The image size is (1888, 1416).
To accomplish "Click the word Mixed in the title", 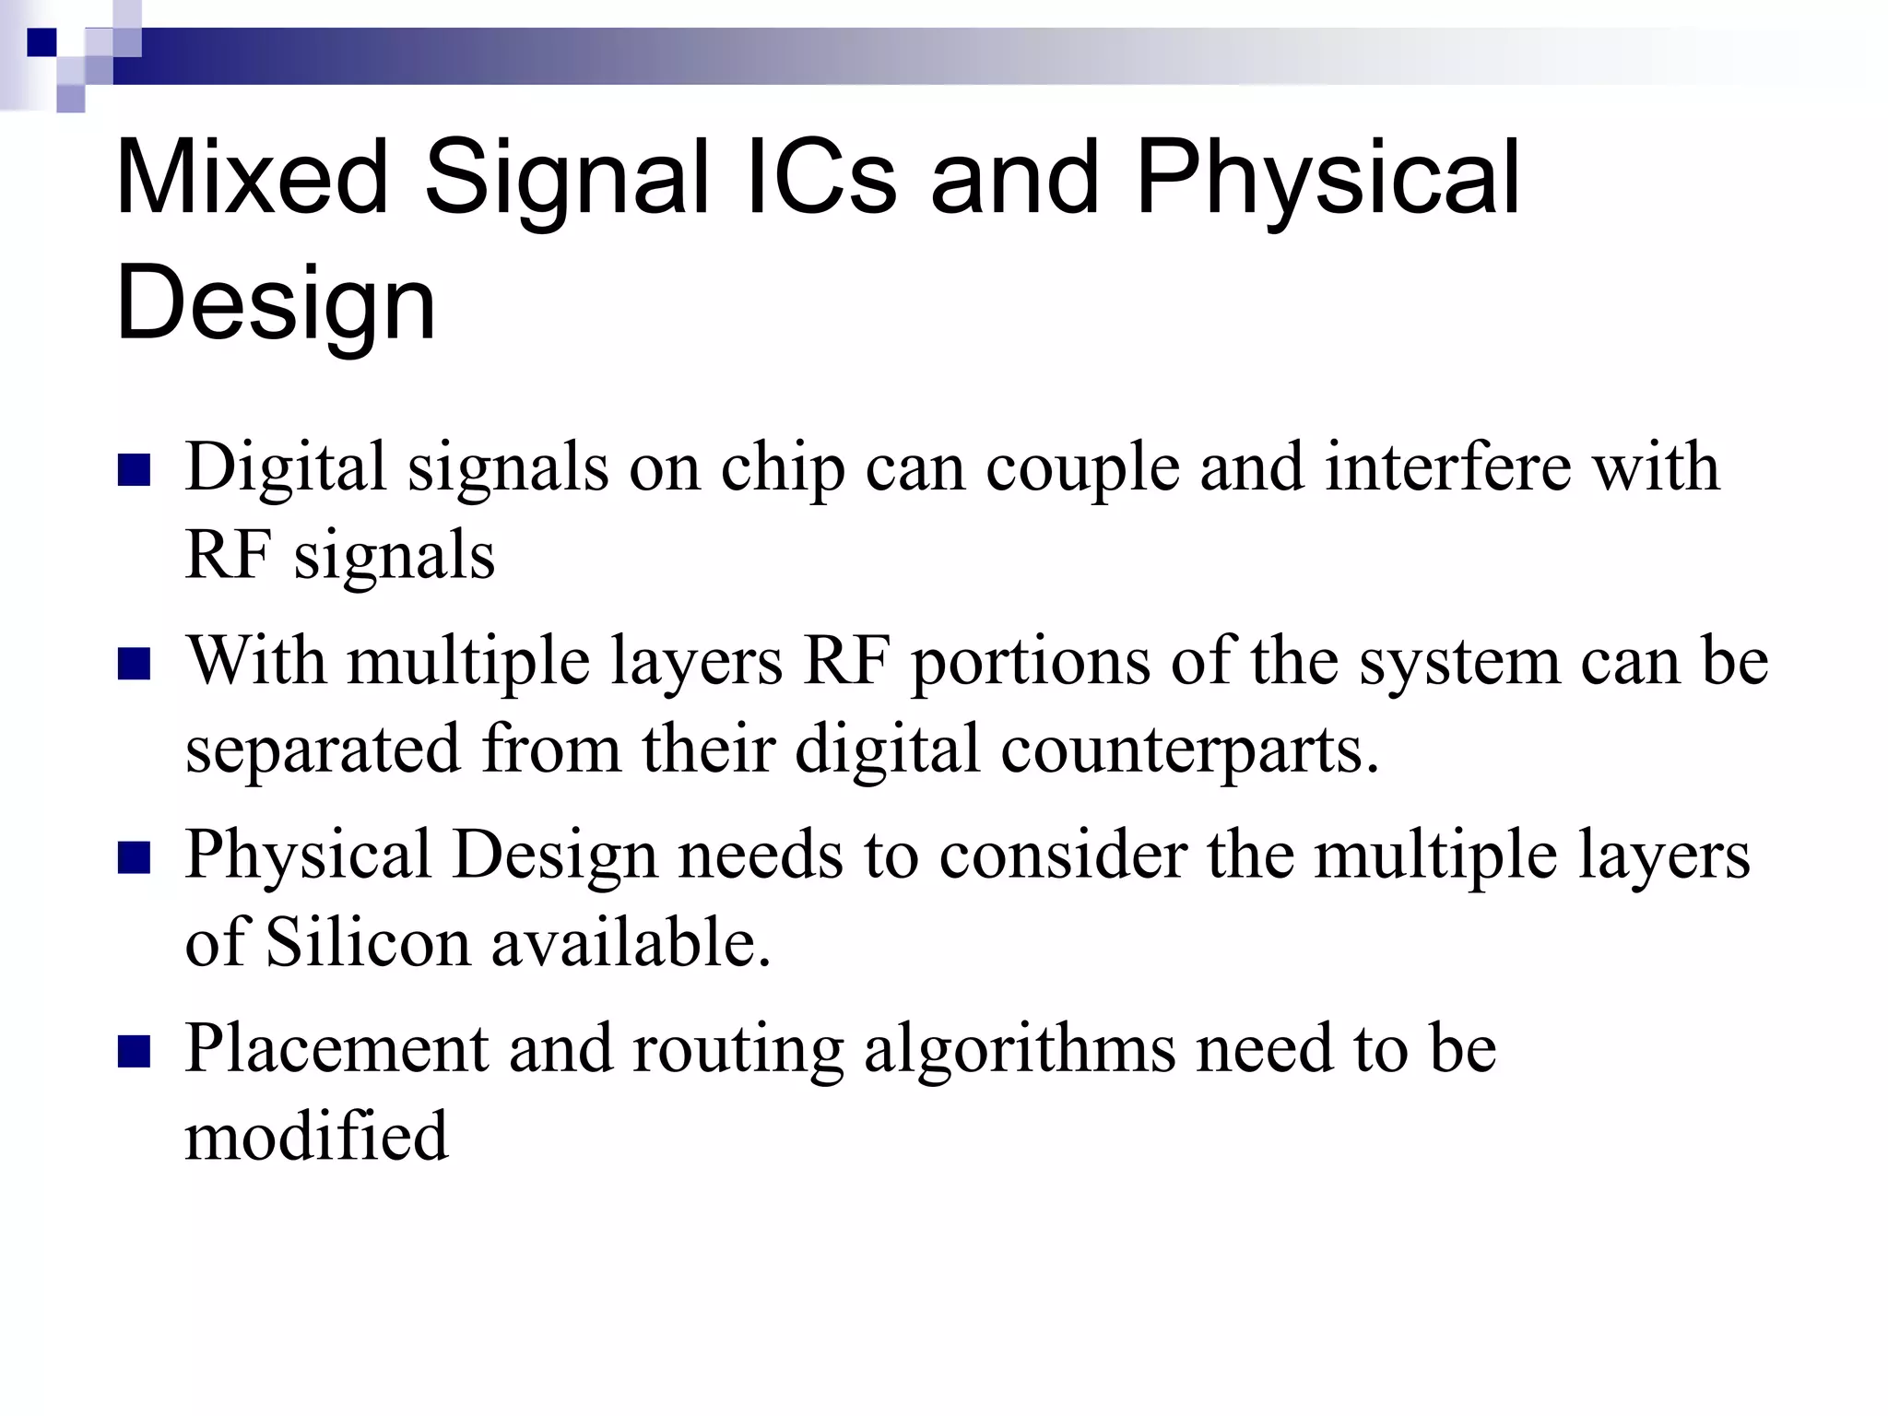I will (252, 177).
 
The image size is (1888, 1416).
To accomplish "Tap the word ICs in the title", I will (820, 177).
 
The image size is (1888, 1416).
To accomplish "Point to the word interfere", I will (1448, 466).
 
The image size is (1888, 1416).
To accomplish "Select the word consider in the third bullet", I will (1063, 855).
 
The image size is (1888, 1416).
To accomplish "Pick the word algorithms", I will (1020, 1051).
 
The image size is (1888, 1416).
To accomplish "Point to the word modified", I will (316, 1136).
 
